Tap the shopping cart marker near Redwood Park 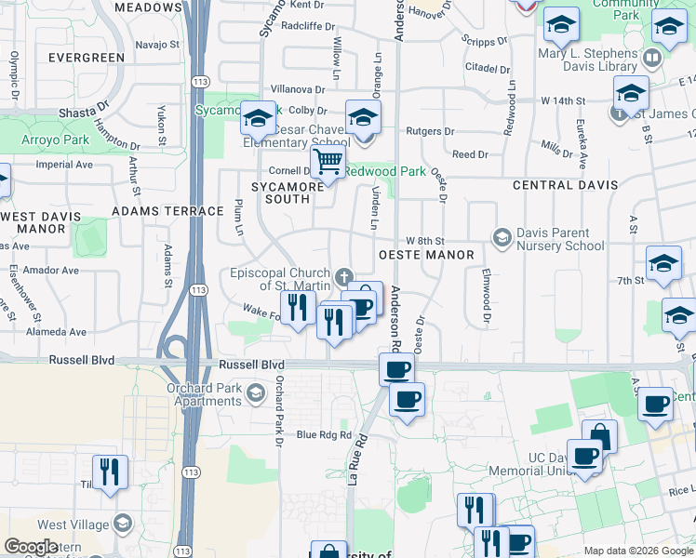point(328,163)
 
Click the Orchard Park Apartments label point(204,394)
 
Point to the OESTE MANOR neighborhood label point(425,255)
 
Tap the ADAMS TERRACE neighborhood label point(155,211)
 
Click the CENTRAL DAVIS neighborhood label point(556,185)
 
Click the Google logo point(31,547)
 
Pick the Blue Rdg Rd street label point(324,434)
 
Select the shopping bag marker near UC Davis point(600,436)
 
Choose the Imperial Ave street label point(64,165)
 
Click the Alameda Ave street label point(55,332)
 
